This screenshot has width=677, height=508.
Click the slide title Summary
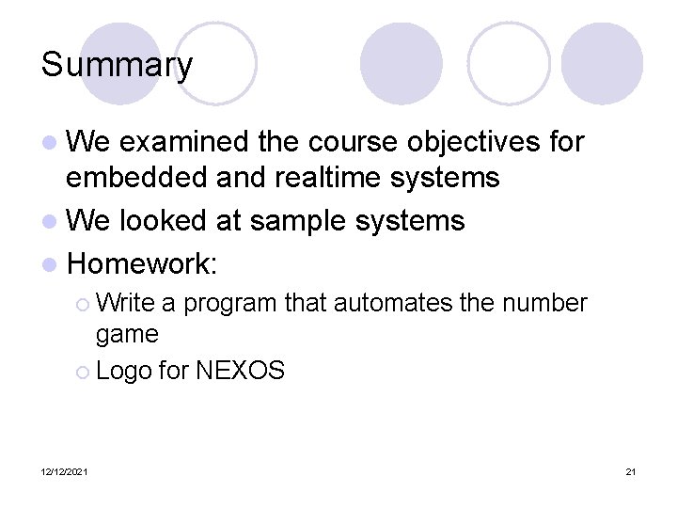pos(117,66)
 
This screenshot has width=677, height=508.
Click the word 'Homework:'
pos(143,264)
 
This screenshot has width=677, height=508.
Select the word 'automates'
pos(386,303)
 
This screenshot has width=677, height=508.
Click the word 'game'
pos(127,334)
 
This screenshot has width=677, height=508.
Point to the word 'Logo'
pos(123,371)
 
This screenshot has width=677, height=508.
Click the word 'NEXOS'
pos(240,371)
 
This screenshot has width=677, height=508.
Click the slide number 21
pos(630,471)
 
